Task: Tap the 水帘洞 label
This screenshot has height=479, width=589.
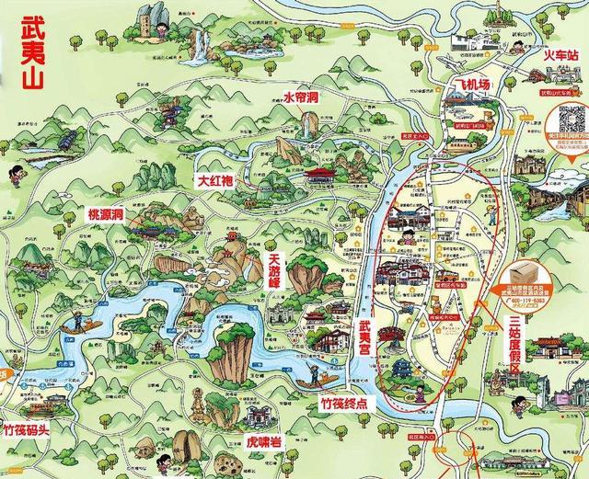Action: (300, 97)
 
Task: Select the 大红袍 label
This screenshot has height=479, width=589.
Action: (217, 180)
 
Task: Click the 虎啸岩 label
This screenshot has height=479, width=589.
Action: (265, 439)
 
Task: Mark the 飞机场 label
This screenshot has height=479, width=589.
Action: (470, 86)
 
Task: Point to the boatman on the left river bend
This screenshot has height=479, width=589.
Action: (77, 321)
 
